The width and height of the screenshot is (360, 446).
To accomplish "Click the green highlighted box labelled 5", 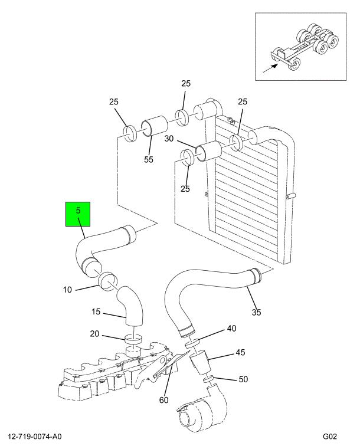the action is pos(78,214).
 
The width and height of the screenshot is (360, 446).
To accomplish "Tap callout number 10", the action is pos(67,290).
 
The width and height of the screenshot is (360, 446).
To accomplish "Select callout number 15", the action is pos(96,311).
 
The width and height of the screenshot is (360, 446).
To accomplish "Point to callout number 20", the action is pos(95,333).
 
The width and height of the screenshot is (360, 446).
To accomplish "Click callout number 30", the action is pos(169,139).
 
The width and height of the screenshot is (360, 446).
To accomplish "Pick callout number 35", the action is pos(256,312).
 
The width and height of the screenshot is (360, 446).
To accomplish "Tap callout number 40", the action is pos(231,329).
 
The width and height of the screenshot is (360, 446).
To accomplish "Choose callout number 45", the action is pos(240,352).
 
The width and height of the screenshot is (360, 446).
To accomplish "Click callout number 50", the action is pos(243,379).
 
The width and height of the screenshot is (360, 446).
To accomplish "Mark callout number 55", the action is pos(148,159).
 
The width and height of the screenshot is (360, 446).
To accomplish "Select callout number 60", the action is pos(163,400).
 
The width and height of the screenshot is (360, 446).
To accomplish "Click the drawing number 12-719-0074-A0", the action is pos(35,437).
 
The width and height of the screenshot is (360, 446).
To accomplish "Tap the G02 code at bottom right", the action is pos(330,437).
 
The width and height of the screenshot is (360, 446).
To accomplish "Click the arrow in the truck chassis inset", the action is pos(270,68).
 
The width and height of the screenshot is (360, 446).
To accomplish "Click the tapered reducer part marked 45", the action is pos(200,362).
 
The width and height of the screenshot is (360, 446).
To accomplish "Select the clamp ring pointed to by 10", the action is pos(107,281).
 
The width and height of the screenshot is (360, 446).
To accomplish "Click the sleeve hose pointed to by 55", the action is pos(155,126).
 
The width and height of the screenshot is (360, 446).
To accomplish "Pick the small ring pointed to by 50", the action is pos(208,379).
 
